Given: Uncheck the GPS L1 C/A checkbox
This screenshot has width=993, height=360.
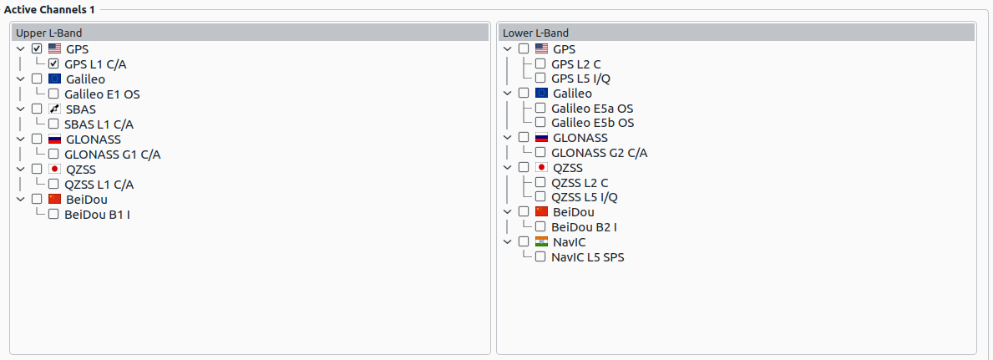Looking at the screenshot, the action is pyautogui.click(x=53, y=63).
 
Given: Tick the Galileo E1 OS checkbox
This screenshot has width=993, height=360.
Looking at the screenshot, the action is pyautogui.click(x=53, y=94).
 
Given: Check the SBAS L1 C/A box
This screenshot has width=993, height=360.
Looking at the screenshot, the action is pyautogui.click(x=53, y=124).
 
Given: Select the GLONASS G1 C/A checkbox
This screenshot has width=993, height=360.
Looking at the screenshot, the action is pyautogui.click(x=53, y=154).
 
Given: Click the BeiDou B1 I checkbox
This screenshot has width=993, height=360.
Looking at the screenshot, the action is pyautogui.click(x=53, y=214).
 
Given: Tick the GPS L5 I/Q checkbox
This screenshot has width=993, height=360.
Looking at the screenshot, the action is pyautogui.click(x=540, y=79).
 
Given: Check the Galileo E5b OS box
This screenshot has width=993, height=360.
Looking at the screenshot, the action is pyautogui.click(x=540, y=122).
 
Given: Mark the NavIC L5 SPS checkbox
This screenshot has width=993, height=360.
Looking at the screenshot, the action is pyautogui.click(x=540, y=256).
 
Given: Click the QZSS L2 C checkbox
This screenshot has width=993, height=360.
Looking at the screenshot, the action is pyautogui.click(x=540, y=183).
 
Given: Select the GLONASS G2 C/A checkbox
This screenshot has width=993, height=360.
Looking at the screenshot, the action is pyautogui.click(x=540, y=152).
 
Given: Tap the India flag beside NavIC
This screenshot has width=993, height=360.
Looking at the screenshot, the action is pyautogui.click(x=541, y=241).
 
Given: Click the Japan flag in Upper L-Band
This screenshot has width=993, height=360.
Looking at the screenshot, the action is pyautogui.click(x=54, y=169).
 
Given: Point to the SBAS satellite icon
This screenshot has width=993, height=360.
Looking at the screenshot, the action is pyautogui.click(x=54, y=109).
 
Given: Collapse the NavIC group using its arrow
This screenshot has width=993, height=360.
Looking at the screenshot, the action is pyautogui.click(x=507, y=241).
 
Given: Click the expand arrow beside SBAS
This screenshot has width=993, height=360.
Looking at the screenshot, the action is pyautogui.click(x=20, y=109).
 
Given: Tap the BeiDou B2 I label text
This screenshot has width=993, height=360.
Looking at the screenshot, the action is pyautogui.click(x=584, y=227).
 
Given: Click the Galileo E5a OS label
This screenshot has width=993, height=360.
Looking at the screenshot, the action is pyautogui.click(x=592, y=109).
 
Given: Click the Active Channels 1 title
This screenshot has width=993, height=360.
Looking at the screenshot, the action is pyautogui.click(x=49, y=10).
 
